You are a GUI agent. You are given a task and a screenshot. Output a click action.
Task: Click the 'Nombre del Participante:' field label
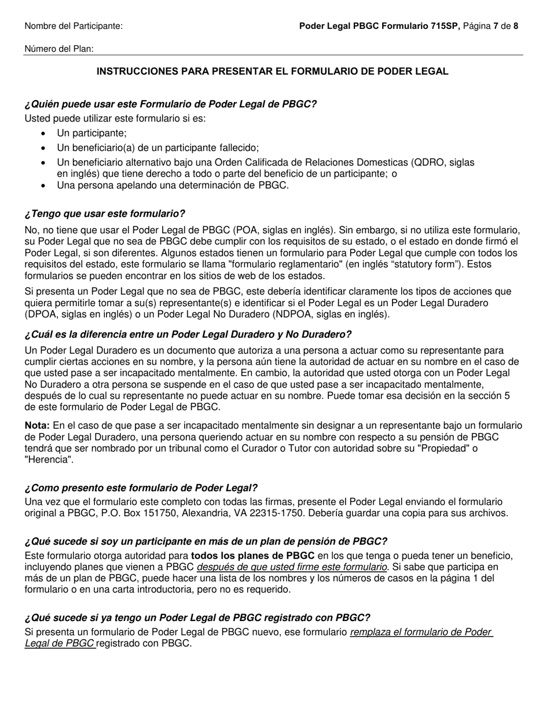[x=74, y=26]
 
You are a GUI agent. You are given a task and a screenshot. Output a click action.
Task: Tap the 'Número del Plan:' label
[x=59, y=49]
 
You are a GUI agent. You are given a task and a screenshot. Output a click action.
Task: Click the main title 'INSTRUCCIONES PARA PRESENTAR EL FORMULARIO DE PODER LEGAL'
[x=272, y=71]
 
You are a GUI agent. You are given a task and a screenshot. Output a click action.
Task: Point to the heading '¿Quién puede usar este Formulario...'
[x=171, y=104]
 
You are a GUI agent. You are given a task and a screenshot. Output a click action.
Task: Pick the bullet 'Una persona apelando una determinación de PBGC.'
[x=173, y=185]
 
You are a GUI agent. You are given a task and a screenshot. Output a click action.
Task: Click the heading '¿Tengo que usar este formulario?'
[x=105, y=214]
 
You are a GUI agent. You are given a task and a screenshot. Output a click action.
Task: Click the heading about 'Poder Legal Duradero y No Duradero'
[x=188, y=335]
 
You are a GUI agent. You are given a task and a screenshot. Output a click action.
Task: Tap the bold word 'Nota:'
[x=37, y=425]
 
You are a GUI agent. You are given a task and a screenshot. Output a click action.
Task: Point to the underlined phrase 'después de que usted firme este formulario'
[x=292, y=567]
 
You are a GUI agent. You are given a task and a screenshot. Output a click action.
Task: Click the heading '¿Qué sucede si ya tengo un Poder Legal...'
[x=197, y=618]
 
